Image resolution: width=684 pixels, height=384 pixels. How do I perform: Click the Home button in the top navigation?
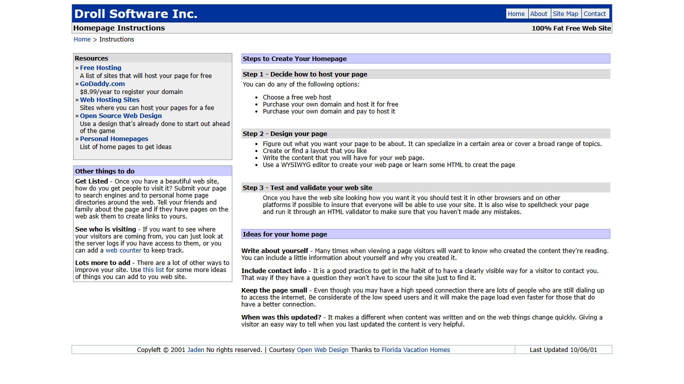point(516,14)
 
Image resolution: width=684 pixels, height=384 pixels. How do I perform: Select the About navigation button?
point(539,14)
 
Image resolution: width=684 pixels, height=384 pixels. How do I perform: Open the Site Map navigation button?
point(565,14)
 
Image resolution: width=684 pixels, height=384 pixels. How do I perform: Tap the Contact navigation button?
point(595,14)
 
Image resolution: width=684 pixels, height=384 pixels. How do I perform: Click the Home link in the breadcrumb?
point(82,39)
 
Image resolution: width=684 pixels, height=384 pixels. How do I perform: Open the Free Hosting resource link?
point(101,68)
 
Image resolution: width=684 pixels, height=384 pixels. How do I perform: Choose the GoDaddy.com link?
point(102,84)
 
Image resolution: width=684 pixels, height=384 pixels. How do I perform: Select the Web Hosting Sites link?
point(110,100)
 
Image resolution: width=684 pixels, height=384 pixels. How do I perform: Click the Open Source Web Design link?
point(121,116)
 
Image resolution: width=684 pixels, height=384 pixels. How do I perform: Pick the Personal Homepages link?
point(114,139)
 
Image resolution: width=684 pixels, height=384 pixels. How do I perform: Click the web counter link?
point(124,250)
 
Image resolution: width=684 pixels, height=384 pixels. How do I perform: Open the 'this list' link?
point(153,270)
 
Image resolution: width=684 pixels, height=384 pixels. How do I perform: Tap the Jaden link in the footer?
point(196,350)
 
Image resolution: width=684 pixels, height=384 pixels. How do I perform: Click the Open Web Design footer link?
point(322,350)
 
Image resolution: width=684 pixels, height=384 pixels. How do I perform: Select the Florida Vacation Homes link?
point(416,350)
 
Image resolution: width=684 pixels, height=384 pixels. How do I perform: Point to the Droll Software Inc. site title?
point(136,14)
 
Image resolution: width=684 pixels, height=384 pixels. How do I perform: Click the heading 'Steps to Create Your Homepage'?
point(295,59)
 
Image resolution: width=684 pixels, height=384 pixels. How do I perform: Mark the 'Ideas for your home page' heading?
point(285,234)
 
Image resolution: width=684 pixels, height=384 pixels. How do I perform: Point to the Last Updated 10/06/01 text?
point(563,350)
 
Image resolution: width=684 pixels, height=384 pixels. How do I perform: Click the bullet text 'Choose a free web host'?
point(297,97)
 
